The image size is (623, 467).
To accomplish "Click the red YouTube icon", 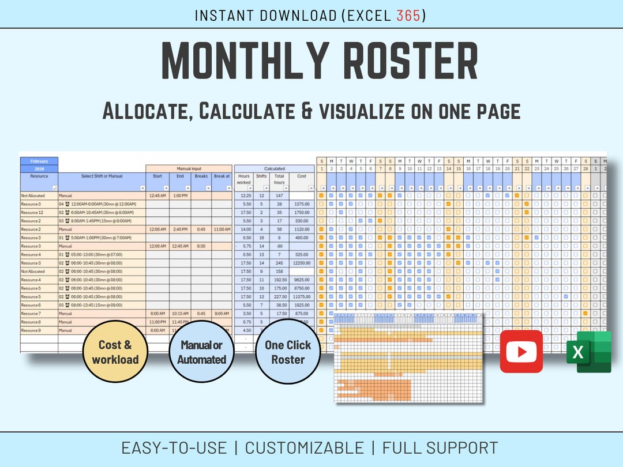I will (521, 351).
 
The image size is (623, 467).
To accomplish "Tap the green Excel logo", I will (588, 352).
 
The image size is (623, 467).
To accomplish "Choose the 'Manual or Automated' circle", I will (201, 352).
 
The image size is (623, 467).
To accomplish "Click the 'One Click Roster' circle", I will (288, 352).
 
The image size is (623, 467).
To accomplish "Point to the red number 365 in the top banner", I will (408, 16).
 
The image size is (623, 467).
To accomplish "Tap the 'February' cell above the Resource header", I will (39, 161).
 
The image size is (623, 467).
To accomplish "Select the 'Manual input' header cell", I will (189, 169).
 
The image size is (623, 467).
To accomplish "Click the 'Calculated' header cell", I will (274, 169).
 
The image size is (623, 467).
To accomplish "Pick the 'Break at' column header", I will (222, 176).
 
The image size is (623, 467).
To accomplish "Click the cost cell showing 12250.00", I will (301, 263).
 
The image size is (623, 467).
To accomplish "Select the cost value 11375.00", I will (301, 296).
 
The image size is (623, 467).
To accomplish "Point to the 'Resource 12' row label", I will (32, 213).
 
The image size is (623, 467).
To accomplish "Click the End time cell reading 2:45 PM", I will (179, 229).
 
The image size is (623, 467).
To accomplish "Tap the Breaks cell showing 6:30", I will (201, 246).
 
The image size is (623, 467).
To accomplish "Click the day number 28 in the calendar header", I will (586, 168).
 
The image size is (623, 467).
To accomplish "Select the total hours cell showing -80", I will (279, 246).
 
